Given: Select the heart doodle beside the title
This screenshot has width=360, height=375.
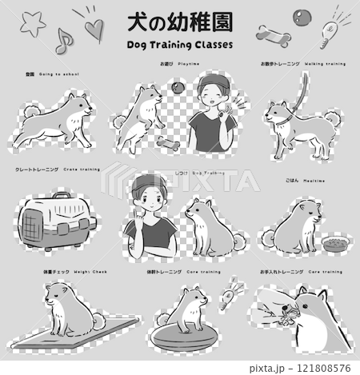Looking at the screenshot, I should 93,30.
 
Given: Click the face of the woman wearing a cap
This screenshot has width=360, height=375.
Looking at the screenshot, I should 210,94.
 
